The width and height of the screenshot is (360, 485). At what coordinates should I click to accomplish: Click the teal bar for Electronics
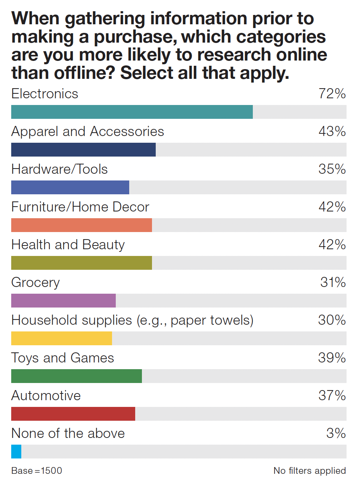[x=132, y=112]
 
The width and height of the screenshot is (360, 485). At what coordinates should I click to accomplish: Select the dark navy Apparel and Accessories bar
[x=83, y=150]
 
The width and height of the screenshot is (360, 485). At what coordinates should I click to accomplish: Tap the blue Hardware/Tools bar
[x=70, y=188]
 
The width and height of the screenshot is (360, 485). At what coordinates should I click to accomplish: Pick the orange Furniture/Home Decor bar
[x=81, y=225]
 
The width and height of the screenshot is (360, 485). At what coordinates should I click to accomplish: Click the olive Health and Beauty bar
[x=81, y=263]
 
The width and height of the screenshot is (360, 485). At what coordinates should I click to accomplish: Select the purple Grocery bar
[x=63, y=301]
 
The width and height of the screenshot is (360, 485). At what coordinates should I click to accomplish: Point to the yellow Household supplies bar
[x=62, y=339]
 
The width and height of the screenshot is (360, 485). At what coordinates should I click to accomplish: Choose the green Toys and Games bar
[x=77, y=376]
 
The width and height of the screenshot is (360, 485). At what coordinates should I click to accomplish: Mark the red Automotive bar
[x=73, y=414]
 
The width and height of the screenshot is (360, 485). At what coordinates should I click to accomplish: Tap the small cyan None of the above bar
[x=16, y=452]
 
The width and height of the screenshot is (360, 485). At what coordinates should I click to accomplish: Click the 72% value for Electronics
[x=332, y=94]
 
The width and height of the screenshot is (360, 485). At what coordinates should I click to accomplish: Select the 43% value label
[x=332, y=132]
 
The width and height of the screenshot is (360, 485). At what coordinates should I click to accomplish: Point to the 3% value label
[x=336, y=433]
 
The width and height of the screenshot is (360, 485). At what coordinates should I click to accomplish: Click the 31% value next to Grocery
[x=333, y=282]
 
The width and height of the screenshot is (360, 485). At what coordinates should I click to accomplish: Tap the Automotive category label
[x=46, y=396]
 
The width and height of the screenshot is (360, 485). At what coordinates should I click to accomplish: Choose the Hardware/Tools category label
[x=59, y=169]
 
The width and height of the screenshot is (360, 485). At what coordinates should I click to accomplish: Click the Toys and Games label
[x=62, y=358]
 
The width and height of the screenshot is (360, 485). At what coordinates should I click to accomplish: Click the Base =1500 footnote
[x=37, y=471]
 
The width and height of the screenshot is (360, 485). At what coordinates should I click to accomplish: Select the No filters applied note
[x=310, y=471]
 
